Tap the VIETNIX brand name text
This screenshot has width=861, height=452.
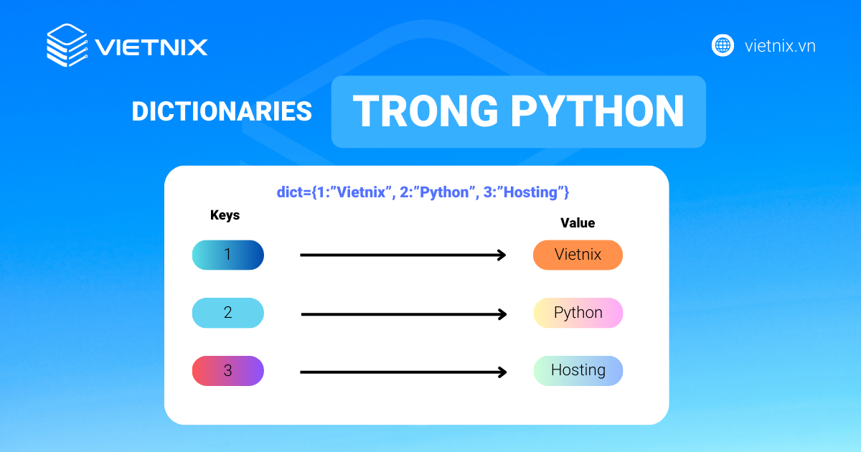[x=151, y=47]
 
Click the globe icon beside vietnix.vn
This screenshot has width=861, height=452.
[x=723, y=46]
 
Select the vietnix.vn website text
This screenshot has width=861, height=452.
[x=780, y=47]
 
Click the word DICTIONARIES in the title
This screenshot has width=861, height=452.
[x=221, y=111]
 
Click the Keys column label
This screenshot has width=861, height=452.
[x=225, y=215]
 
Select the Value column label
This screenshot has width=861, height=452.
[x=578, y=223]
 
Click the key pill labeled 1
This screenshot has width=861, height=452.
[x=228, y=255]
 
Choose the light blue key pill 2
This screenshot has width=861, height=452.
[x=228, y=313]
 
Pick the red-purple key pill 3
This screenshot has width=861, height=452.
[x=228, y=371]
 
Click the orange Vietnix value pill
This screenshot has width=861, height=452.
[x=578, y=255]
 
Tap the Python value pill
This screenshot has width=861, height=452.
[x=578, y=313]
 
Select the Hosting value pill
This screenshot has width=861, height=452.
[x=578, y=371]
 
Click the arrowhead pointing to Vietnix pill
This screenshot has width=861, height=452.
[x=502, y=255]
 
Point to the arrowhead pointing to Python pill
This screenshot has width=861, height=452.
[x=502, y=314]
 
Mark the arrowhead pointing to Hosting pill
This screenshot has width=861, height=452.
[x=502, y=372]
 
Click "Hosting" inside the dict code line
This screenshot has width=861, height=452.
[x=531, y=192]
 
